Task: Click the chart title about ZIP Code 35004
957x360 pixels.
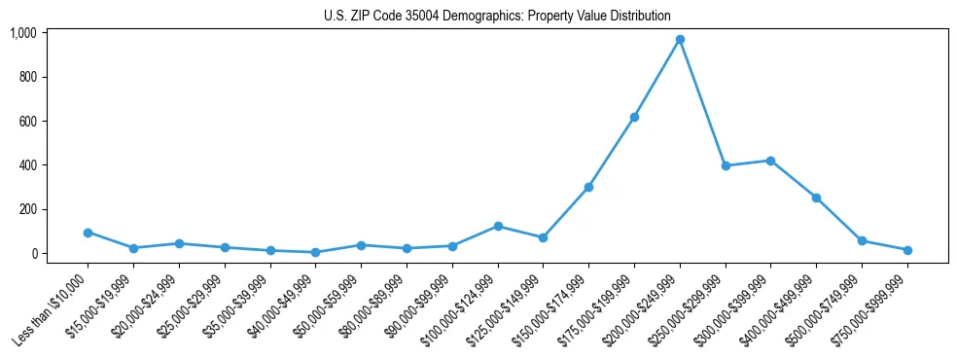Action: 497,16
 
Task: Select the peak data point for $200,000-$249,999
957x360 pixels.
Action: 680,40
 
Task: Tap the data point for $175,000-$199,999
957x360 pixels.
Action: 634,117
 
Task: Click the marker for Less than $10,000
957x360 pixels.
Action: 88,233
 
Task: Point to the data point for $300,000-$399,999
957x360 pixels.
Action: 770,161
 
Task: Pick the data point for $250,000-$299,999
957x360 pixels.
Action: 726,165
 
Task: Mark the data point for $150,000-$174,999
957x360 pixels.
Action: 588,187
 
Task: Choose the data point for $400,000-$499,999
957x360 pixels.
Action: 816,198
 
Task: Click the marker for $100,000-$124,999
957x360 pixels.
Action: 498,226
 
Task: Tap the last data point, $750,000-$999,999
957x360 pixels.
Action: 907,250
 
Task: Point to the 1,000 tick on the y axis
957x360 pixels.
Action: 23,33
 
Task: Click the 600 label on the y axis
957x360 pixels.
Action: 27,121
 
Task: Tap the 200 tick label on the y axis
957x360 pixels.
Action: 27,209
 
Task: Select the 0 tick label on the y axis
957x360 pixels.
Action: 33,253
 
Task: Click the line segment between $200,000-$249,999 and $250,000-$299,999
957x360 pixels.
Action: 702,102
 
